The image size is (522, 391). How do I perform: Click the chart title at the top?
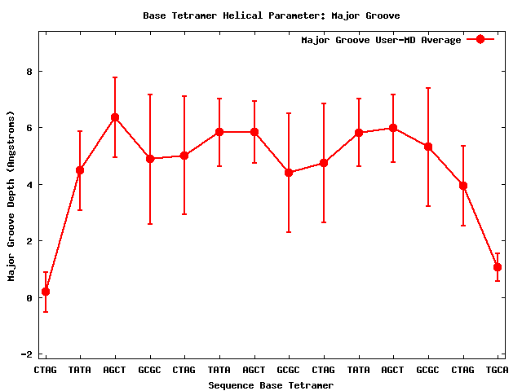271,15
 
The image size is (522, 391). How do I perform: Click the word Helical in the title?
231,15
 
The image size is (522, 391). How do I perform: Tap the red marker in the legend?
480,40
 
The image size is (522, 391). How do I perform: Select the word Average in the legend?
440,40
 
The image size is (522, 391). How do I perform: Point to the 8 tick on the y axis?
29,72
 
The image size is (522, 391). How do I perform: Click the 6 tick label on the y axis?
29,128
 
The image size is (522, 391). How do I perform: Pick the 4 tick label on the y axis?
29,185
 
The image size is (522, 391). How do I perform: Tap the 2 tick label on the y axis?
29,241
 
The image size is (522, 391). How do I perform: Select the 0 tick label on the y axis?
29,298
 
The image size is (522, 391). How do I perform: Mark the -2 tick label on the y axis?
26,354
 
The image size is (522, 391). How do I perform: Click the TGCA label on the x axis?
498,371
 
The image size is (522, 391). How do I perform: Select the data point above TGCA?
498,267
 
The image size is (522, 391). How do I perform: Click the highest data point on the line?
115,117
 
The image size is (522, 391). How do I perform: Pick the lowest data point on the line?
46,292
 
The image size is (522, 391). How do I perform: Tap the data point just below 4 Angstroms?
463,186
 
